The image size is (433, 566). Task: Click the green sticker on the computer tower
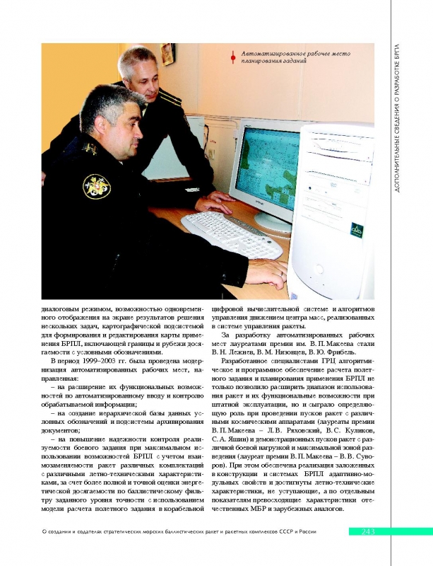357,230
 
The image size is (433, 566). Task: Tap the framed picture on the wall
167,54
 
